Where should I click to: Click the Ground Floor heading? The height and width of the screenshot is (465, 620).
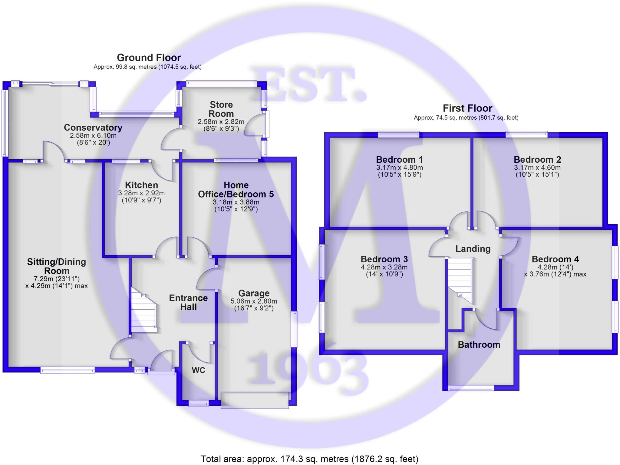(149, 58)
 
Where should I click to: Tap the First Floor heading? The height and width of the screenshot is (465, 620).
(467, 108)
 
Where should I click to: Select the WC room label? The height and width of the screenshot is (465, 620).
(198, 370)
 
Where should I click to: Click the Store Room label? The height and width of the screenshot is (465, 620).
(221, 109)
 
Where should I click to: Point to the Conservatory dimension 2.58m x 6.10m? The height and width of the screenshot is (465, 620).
(93, 135)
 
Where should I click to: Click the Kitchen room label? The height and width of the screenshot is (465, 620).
(141, 185)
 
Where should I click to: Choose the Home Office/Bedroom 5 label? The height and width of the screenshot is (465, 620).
(236, 190)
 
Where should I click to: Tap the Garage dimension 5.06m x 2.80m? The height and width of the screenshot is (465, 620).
(254, 301)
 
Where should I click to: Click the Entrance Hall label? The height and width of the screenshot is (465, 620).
(188, 302)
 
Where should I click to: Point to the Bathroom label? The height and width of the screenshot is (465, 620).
(479, 345)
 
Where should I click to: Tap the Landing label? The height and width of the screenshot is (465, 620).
(473, 249)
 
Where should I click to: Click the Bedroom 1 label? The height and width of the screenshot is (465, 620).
(399, 160)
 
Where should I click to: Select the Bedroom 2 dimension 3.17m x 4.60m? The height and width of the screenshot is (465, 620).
(537, 168)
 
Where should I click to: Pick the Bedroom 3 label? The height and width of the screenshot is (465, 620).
(384, 259)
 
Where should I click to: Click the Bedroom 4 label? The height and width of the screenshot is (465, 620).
(555, 259)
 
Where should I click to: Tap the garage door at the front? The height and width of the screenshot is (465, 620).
(255, 400)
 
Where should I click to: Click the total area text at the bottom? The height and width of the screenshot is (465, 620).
(309, 459)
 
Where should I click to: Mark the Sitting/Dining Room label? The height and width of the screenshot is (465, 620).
(57, 266)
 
